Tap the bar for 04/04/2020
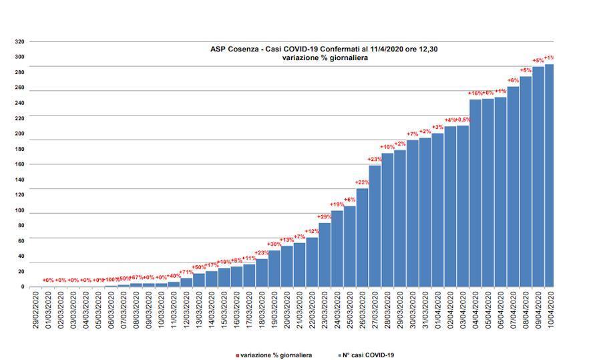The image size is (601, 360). (x=475, y=193)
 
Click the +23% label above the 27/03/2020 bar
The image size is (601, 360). (x=375, y=159)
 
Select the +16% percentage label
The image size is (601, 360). (x=475, y=93)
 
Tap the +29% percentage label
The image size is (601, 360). (x=325, y=216)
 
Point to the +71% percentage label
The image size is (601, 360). (x=186, y=272)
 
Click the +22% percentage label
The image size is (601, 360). (x=362, y=182)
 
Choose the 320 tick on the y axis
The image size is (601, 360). (x=19, y=42)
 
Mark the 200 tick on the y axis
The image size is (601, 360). (x=19, y=134)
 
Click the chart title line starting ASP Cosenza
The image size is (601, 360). (x=324, y=49)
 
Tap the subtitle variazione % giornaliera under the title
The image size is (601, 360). (x=325, y=58)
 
